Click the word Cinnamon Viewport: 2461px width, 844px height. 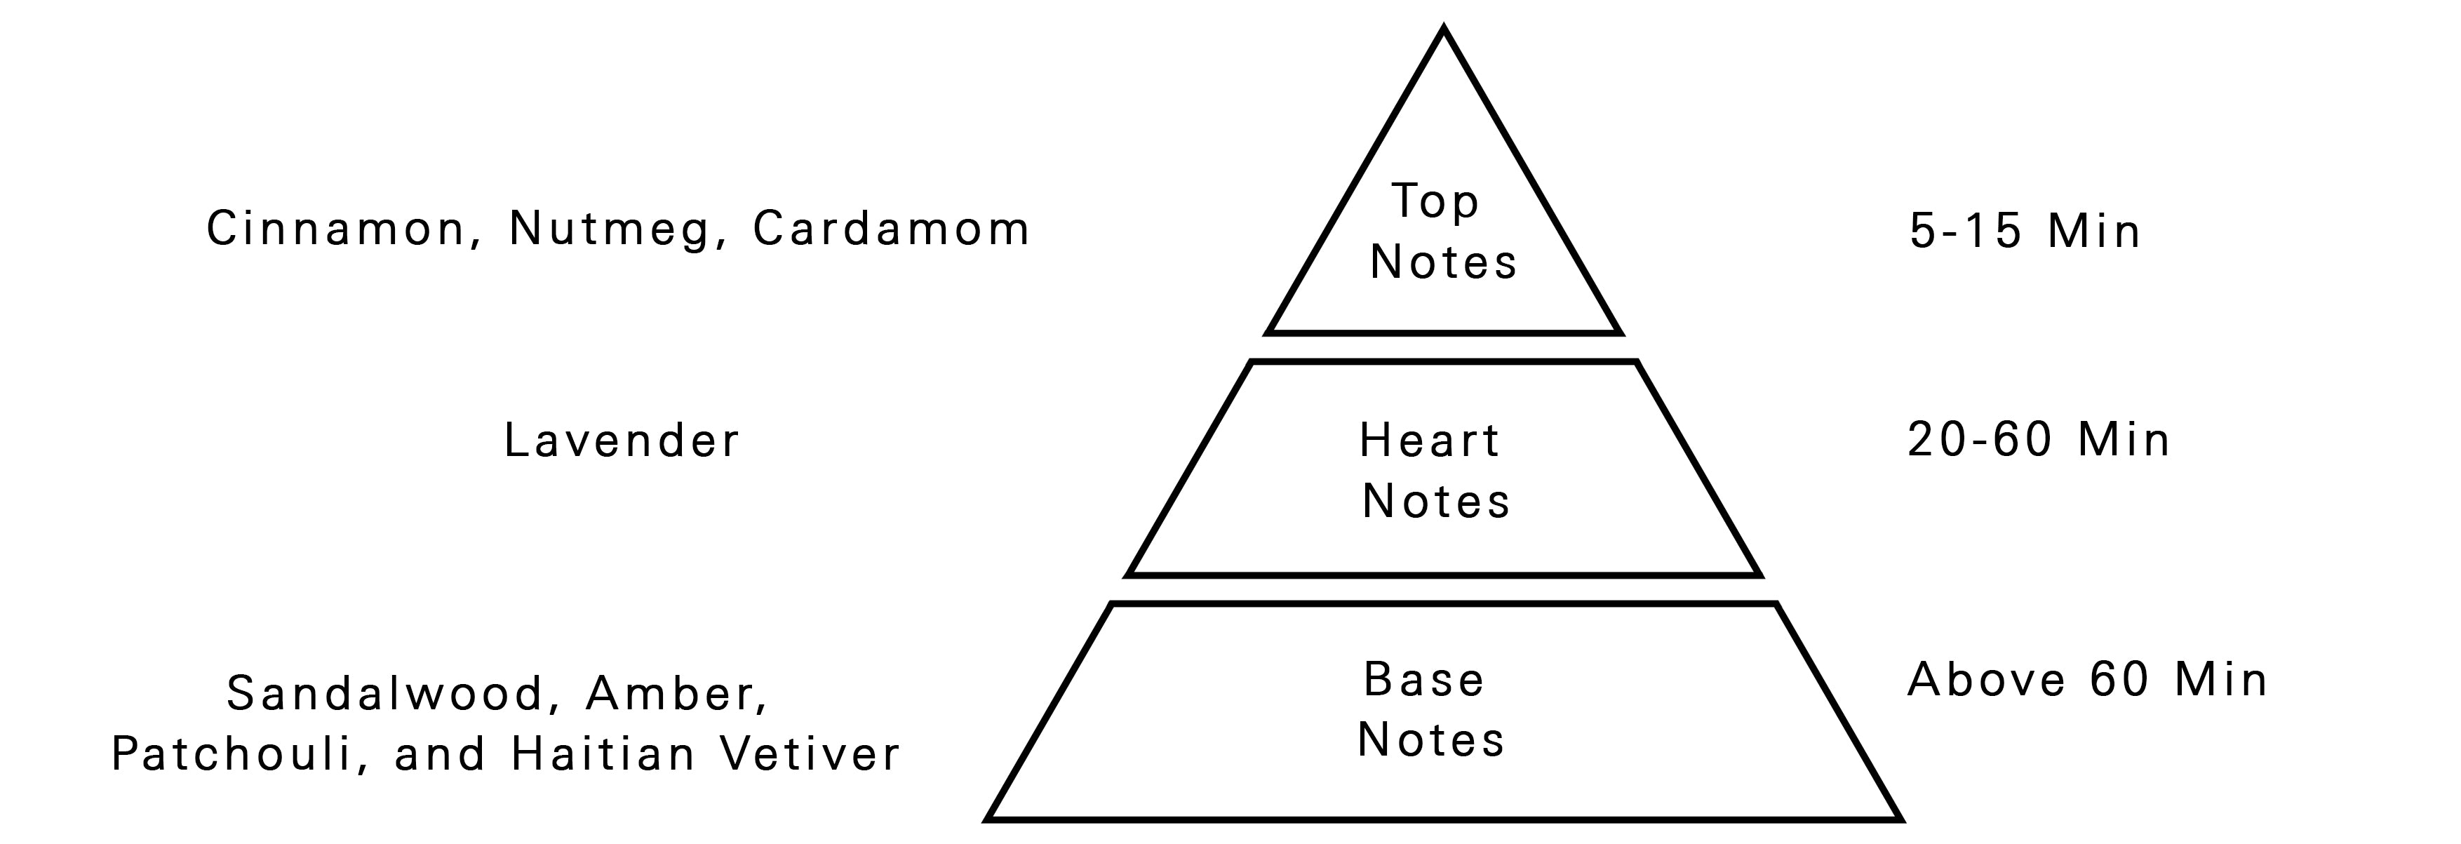click(335, 229)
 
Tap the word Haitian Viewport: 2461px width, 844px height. click(604, 754)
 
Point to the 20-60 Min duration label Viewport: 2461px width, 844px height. click(2039, 441)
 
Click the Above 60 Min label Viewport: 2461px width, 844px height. click(2088, 681)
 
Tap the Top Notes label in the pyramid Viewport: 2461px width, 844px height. click(1442, 232)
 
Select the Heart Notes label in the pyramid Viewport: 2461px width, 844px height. click(1435, 471)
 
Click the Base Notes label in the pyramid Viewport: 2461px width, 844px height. click(1430, 710)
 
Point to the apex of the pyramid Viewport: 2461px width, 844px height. click(1444, 32)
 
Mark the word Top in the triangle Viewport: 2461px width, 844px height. click(1435, 201)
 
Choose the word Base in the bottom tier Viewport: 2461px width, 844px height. click(1423, 680)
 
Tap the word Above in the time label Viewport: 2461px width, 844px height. click(1987, 681)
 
